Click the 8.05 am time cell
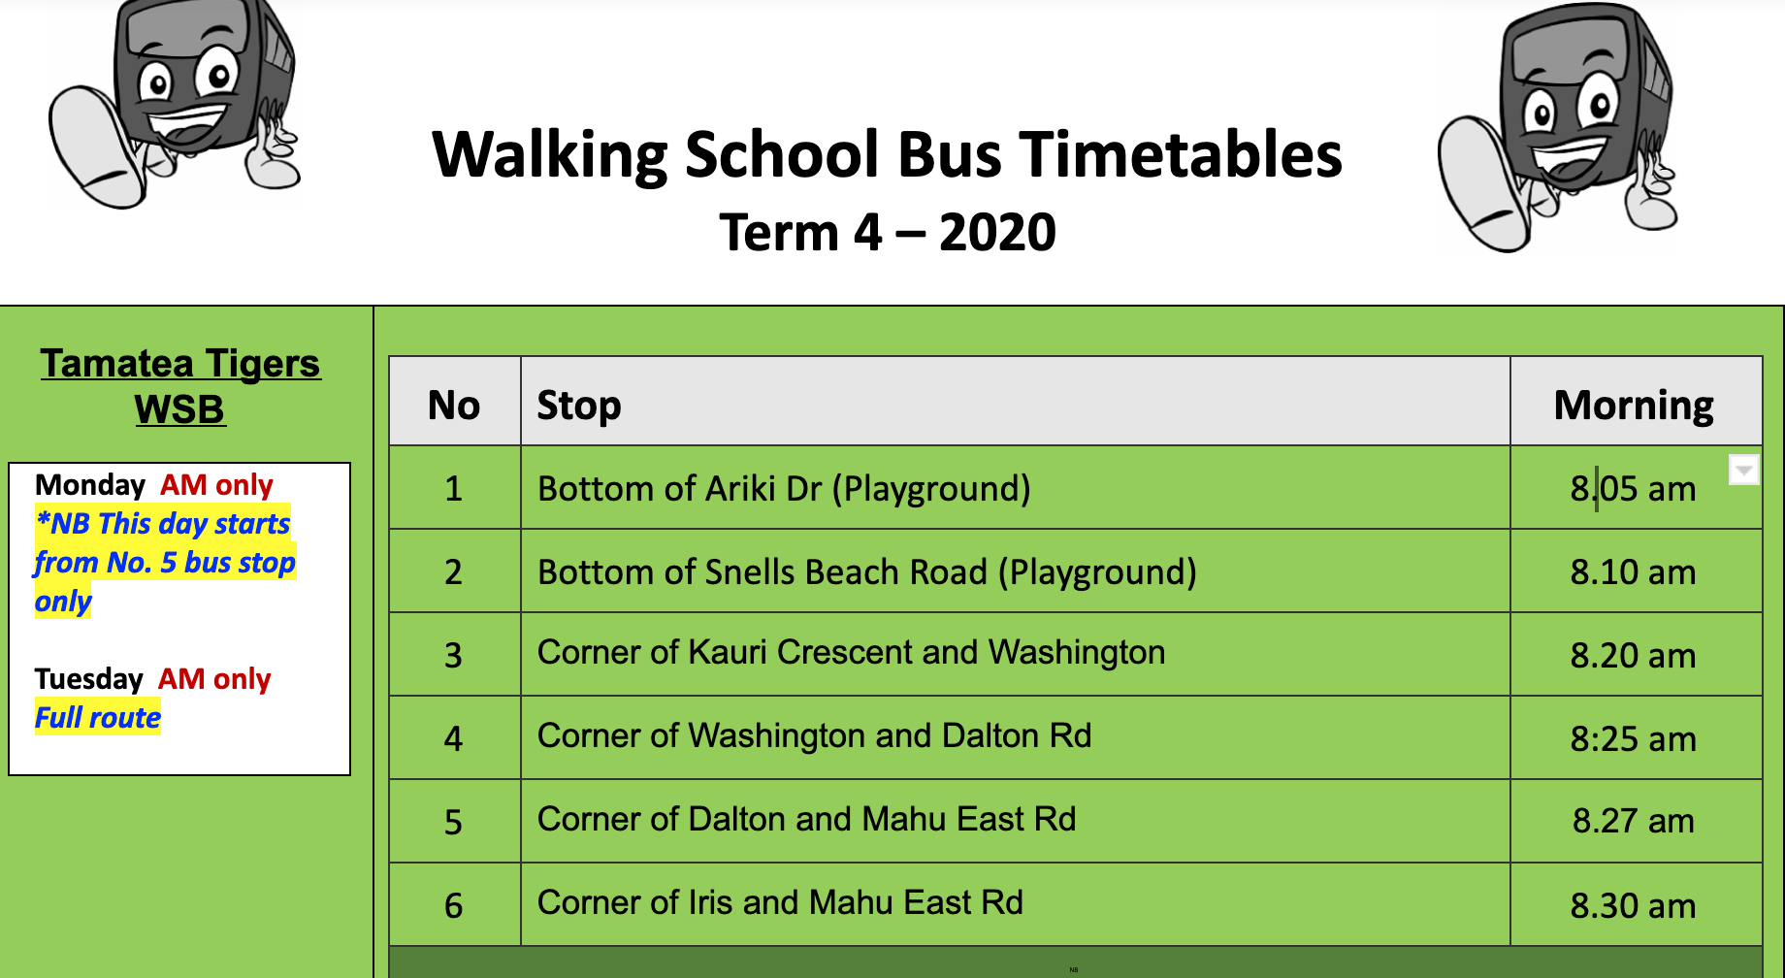1633,488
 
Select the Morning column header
1634,405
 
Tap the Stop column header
579,405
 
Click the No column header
454,405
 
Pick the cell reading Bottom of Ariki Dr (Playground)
784,488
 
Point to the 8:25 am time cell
1633,738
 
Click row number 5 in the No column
453,822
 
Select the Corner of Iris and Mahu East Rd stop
780,903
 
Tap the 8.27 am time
1633,821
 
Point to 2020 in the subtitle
997,233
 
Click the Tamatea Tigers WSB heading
180,385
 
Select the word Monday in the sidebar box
90,484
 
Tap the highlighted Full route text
98,718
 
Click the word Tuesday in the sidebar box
89,678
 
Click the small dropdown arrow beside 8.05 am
1743,471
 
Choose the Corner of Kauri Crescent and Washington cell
851,653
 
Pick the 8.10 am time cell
1633,572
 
